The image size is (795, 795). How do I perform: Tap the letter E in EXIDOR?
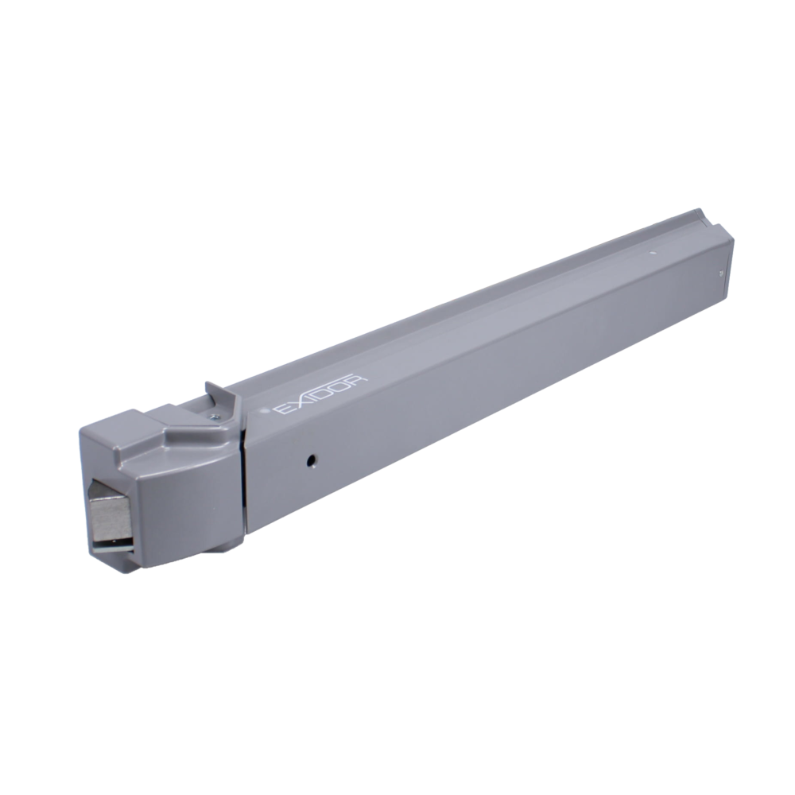point(282,410)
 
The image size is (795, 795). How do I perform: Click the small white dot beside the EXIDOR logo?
point(264,413)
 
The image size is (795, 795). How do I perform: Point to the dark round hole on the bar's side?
point(312,461)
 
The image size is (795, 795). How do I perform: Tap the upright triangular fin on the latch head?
point(217,395)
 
